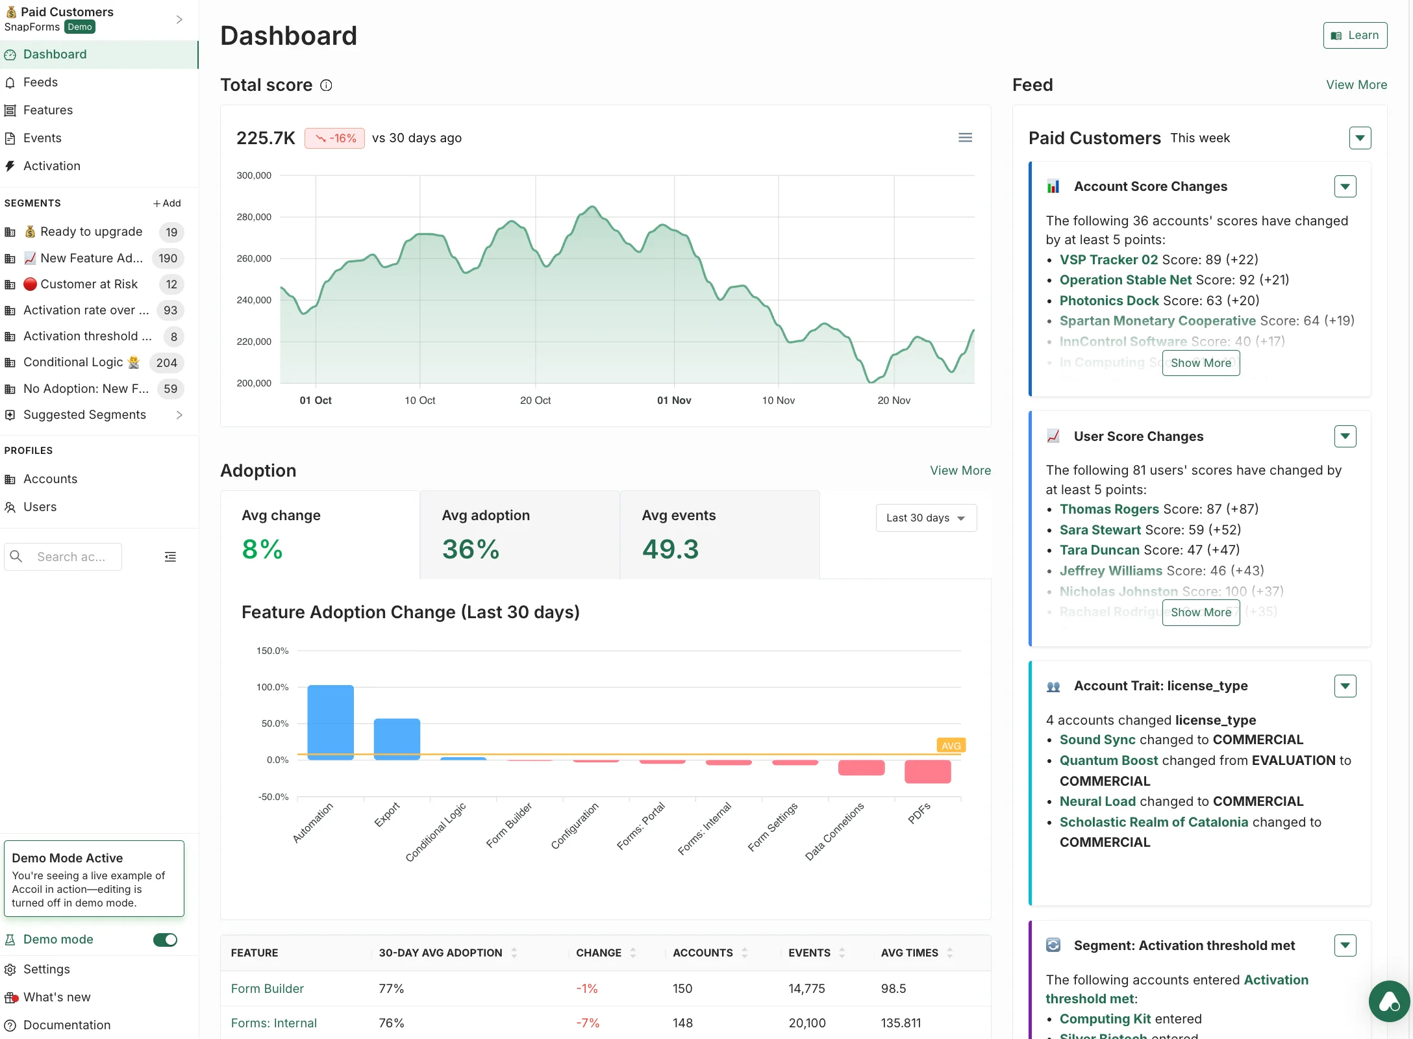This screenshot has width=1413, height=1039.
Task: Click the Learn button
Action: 1355,36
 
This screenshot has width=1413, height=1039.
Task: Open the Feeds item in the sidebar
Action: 40,82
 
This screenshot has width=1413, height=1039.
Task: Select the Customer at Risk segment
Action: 88,284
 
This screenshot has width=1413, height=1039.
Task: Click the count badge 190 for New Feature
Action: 168,258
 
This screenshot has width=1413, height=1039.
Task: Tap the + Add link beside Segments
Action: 167,203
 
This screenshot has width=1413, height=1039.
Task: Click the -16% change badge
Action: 334,138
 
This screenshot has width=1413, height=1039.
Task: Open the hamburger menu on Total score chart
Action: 965,138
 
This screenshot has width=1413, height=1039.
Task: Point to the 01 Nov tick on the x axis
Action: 673,401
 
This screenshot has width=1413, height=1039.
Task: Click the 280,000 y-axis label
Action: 254,217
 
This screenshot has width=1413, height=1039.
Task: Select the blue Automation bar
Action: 331,722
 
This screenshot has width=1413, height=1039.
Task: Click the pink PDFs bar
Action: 927,771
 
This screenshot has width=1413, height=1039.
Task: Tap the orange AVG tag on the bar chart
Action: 951,745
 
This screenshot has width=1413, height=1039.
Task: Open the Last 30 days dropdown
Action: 925,518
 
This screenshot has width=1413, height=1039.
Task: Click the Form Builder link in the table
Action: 267,989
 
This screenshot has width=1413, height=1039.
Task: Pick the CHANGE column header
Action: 599,953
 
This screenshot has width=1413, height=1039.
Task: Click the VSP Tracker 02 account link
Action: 1108,260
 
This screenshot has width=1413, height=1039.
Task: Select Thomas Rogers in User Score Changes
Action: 1108,509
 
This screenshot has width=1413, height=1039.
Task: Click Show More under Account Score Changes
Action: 1200,363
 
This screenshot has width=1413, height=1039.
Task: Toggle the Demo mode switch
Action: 165,940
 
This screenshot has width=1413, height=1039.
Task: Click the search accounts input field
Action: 71,557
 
